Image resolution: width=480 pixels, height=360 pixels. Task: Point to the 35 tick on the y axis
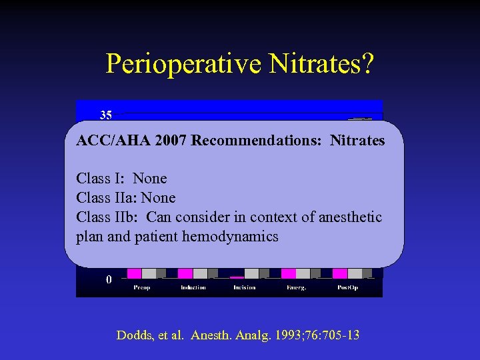click(106, 115)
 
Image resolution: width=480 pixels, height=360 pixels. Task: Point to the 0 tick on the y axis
click(109, 280)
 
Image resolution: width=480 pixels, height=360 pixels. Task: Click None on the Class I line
click(150, 179)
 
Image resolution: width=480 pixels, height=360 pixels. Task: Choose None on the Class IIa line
click(159, 198)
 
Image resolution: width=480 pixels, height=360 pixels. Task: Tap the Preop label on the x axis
click(141, 287)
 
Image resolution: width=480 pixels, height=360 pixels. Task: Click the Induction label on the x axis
click(193, 287)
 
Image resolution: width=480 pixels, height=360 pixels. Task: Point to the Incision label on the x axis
click(244, 287)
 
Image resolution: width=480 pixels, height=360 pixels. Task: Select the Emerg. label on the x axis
click(295, 287)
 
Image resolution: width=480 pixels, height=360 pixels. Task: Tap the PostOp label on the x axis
click(347, 287)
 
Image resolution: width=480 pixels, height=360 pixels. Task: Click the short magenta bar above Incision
click(237, 277)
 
